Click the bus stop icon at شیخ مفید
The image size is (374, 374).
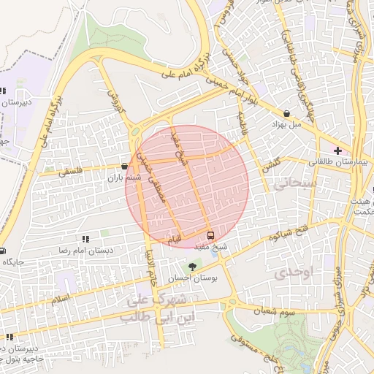211,235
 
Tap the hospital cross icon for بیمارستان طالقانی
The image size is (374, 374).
337,150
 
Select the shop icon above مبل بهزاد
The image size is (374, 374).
286,113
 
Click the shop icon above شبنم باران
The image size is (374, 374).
125,167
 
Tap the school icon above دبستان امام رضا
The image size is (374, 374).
85,239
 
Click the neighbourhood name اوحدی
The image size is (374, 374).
293,274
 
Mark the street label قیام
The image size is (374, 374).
174,239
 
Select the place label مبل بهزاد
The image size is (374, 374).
286,124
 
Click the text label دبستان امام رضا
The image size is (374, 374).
85,250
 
